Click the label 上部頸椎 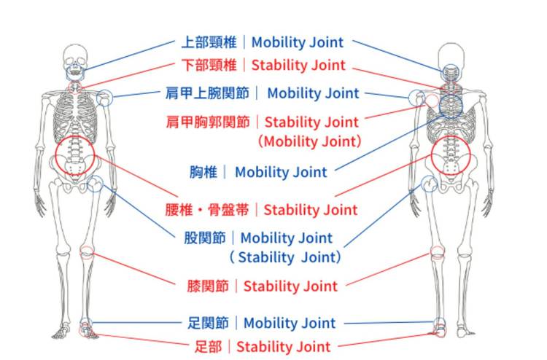(x=209, y=43)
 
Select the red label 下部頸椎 (x=209, y=65)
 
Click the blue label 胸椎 (x=203, y=173)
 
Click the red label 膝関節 (x=209, y=286)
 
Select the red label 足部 (x=211, y=346)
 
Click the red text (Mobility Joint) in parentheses (x=310, y=141)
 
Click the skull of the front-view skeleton (x=74, y=57)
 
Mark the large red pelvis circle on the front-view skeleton (x=75, y=155)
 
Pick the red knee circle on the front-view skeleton (x=88, y=253)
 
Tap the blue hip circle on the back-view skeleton (x=429, y=183)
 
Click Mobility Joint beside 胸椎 (x=281, y=173)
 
